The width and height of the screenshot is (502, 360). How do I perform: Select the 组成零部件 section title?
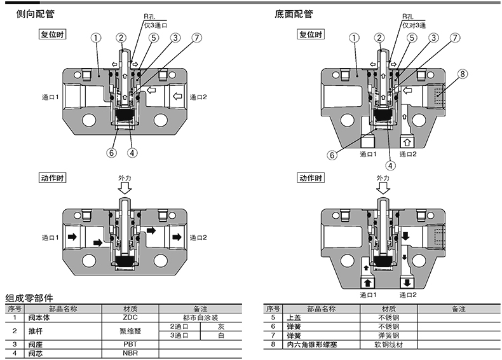30,298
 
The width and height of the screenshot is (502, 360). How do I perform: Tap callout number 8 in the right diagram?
463,74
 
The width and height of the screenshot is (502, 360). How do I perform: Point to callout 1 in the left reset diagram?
95,38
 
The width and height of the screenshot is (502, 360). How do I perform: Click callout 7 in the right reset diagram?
455,38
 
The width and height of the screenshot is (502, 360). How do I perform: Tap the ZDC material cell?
130,317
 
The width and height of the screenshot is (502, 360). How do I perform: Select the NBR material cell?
130,352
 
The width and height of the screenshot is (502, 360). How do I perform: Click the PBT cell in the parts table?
130,343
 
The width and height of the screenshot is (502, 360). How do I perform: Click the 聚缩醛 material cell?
130,330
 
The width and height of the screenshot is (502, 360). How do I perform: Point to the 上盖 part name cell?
295,317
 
